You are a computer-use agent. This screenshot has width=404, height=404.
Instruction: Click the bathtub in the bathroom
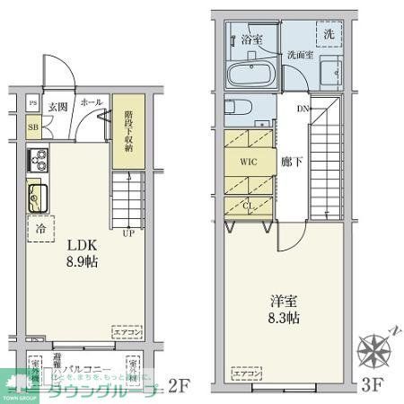pyautogui.click(x=251, y=74)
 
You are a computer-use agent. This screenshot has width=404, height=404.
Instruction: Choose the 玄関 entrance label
pyautogui.click(x=57, y=105)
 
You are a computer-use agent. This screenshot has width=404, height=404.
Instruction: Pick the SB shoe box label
pyautogui.click(x=33, y=127)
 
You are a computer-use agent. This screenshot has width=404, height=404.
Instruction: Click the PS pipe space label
pyautogui.click(x=33, y=103)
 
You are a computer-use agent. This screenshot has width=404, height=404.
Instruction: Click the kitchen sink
pyautogui.click(x=39, y=193)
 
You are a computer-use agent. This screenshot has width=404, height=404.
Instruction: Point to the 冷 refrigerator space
pyautogui.click(x=40, y=229)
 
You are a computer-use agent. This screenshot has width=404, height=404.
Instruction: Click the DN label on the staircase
pyautogui.click(x=303, y=110)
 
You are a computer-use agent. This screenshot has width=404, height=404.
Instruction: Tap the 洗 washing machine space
pyautogui.click(x=329, y=34)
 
